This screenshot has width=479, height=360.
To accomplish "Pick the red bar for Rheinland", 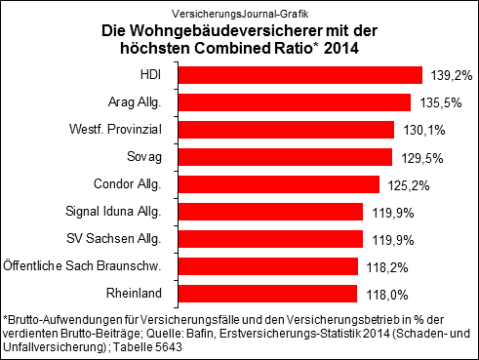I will pyautogui.click(x=269, y=294).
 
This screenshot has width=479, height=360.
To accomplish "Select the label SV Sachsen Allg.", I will pyautogui.click(x=130, y=239).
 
